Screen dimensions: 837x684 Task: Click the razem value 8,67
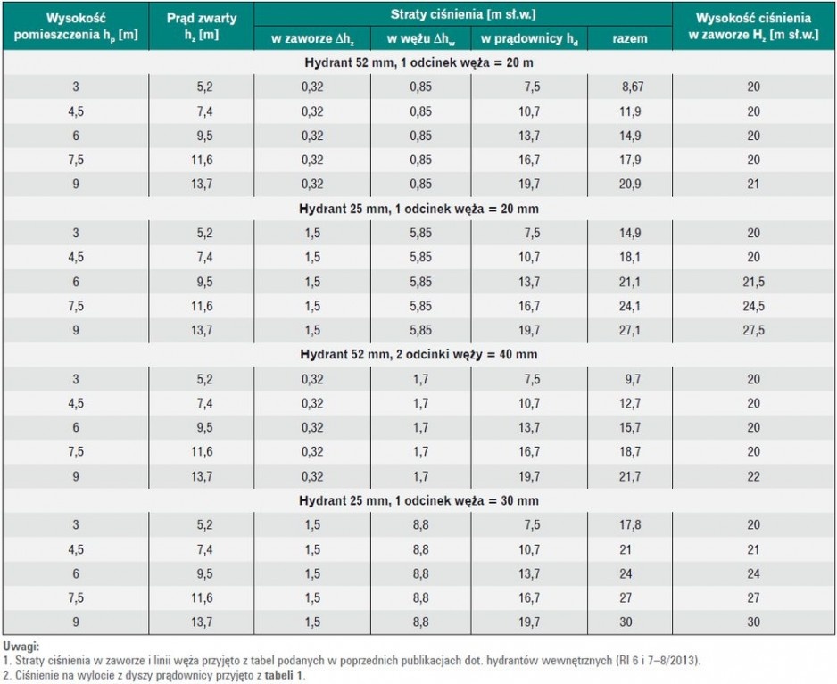coord(633,87)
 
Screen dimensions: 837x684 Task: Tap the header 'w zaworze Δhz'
coord(312,39)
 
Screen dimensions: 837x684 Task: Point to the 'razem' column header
coord(630,38)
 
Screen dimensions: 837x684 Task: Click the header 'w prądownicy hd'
coord(529,39)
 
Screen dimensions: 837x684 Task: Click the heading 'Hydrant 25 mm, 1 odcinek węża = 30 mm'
coord(419,501)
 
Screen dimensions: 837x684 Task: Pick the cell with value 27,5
coord(753,330)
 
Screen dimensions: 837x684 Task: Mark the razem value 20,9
coord(630,184)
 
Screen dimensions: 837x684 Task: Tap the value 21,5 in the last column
coord(753,282)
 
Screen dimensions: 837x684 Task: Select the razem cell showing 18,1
coord(630,257)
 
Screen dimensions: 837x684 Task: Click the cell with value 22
coord(753,476)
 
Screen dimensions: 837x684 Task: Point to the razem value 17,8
coord(630,525)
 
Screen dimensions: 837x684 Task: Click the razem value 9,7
coord(633,379)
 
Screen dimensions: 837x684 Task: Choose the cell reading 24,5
coord(753,306)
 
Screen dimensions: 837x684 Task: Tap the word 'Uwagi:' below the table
coord(21,647)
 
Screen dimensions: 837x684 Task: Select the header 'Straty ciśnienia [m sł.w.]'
coord(463,14)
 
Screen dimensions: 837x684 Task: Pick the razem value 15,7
coord(630,428)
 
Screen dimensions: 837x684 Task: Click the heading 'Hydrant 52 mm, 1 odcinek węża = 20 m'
coord(419,63)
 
